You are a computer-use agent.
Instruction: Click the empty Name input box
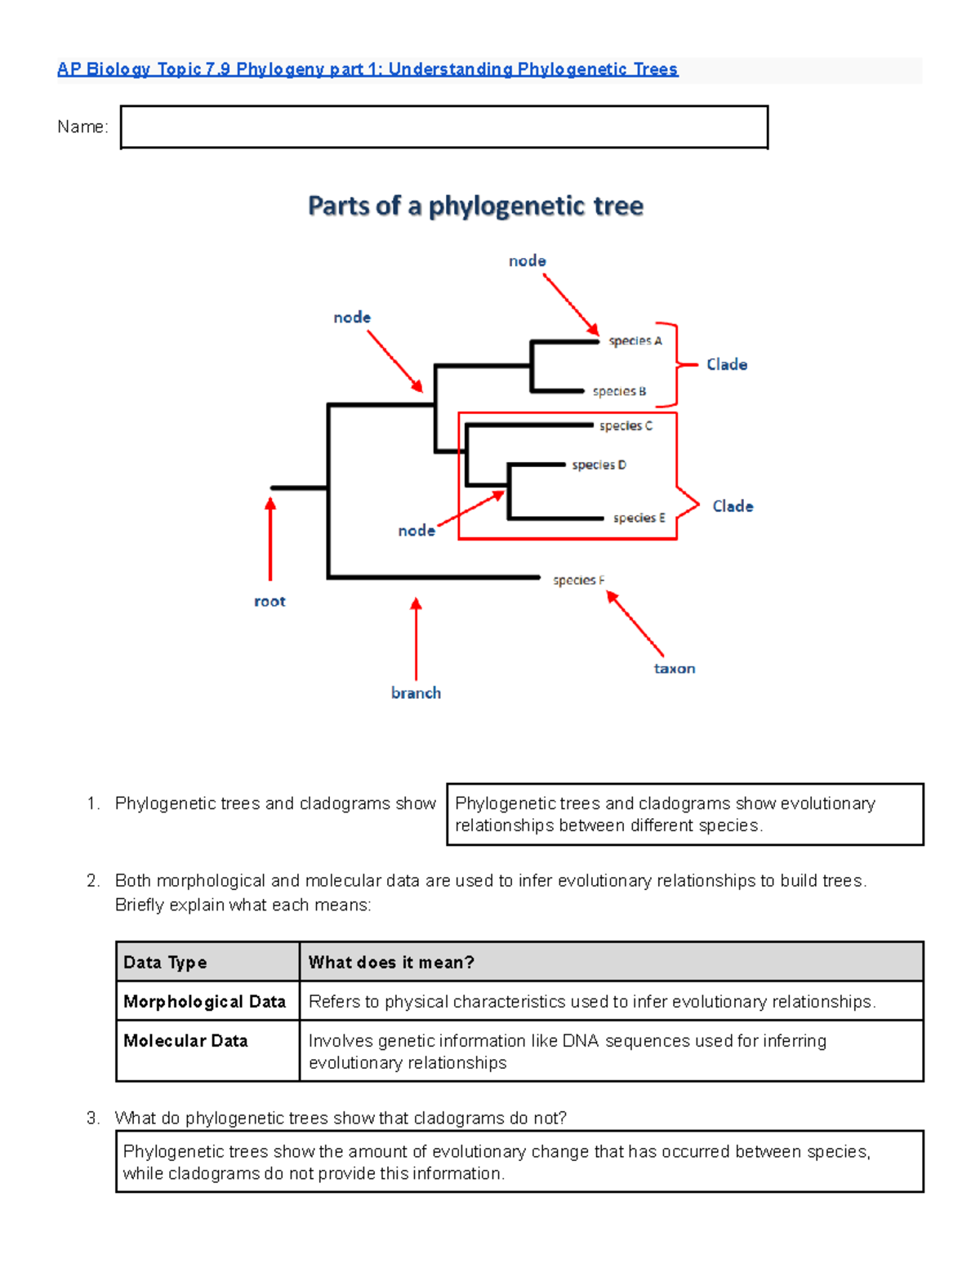pos(443,127)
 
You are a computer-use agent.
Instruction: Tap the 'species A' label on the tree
pos(635,340)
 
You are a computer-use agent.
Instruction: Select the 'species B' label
pos(619,391)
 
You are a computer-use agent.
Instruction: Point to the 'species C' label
pos(626,425)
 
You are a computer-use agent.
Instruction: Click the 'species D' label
pos(599,465)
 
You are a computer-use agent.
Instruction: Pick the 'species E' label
pos(639,518)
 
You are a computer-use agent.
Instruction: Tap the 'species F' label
pos(578,580)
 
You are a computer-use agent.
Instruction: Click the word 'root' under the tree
pos(269,602)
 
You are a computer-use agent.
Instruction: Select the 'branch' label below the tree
pos(416,693)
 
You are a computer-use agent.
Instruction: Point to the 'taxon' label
pos(675,669)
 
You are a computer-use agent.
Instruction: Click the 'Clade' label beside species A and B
pos(727,364)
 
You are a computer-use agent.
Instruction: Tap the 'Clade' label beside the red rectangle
pos(733,506)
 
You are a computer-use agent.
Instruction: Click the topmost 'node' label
pos(527,260)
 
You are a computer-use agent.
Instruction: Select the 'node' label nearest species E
pos(416,531)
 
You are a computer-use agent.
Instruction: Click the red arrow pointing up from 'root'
pos(270,539)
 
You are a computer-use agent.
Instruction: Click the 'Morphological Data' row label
pos(204,1002)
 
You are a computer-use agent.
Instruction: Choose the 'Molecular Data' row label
pos(185,1041)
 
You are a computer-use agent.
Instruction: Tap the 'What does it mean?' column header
pos(391,963)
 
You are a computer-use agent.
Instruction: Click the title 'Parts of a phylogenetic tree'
pos(475,206)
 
